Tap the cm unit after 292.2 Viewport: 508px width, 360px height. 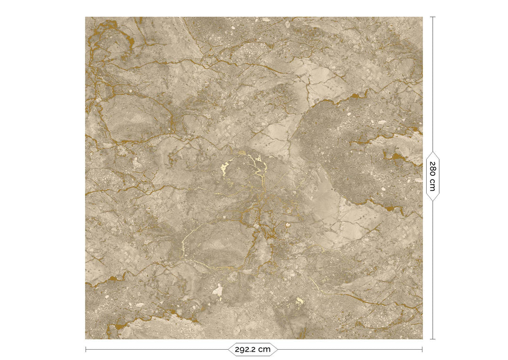pos(265,349)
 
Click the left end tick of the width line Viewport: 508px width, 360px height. pos(86,349)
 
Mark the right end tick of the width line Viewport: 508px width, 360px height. pos(422,349)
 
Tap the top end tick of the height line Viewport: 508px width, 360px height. pos(432,17)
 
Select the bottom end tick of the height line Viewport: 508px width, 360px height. pos(432,339)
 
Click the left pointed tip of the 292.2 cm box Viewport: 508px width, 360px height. pos(228,349)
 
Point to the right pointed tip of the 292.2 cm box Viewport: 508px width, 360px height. pos(278,349)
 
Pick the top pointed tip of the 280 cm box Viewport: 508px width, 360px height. pos(432,151)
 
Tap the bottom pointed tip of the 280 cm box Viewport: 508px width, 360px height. pos(432,201)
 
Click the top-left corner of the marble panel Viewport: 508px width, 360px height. pos(86,17)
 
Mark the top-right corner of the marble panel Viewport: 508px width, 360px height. pos(422,17)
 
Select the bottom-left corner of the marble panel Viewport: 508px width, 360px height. pos(86,339)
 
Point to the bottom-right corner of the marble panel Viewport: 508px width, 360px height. pos(422,339)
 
